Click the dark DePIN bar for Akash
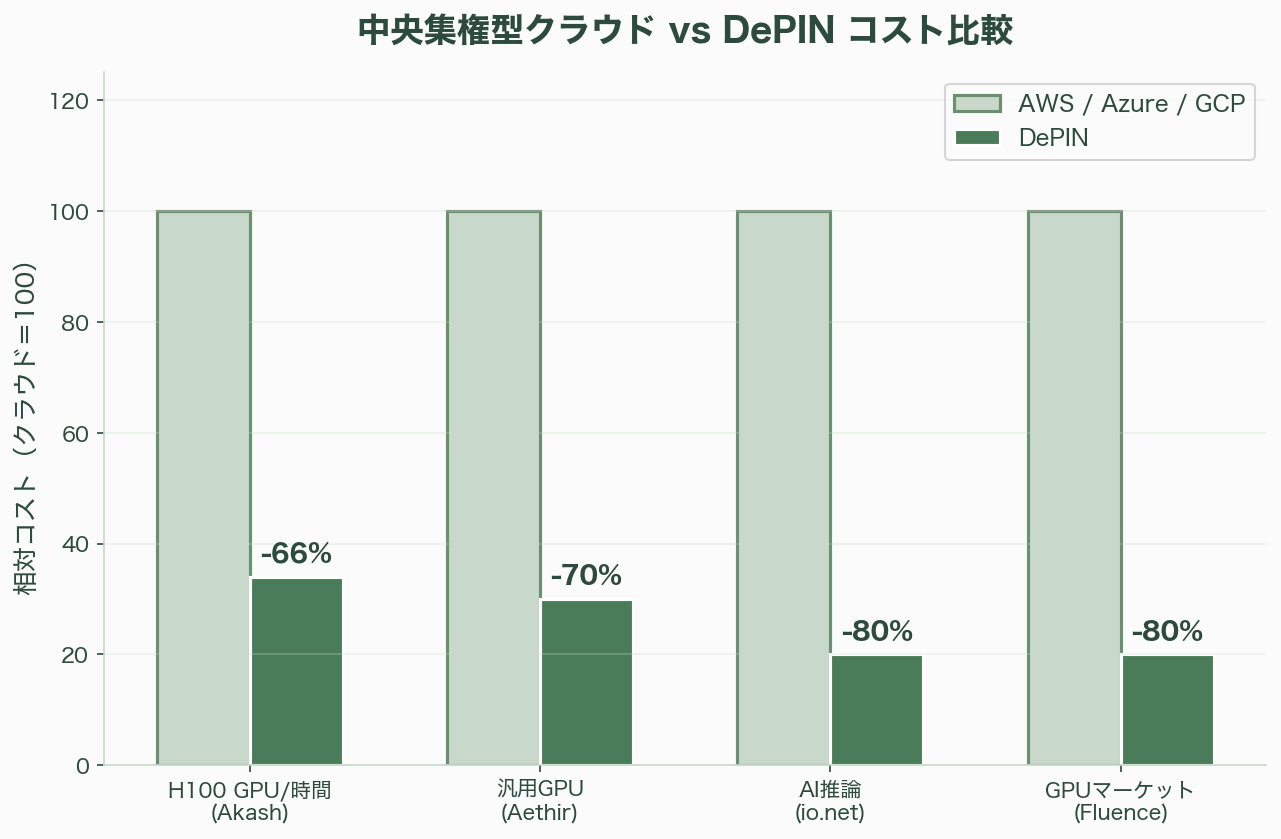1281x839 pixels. [296, 671]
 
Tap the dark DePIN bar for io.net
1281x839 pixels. [876, 710]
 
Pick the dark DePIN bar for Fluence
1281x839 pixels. [1167, 710]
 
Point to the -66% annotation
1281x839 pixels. [296, 554]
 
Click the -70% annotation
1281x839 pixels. [586, 576]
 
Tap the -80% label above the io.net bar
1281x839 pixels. [876, 632]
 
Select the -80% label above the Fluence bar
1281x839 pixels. [1167, 632]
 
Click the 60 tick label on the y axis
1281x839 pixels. [80, 433]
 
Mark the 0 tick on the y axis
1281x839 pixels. [85, 766]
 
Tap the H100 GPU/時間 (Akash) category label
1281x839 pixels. [250, 801]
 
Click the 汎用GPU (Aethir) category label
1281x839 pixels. [540, 801]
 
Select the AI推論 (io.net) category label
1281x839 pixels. [830, 801]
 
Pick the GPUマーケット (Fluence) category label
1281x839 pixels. [1120, 801]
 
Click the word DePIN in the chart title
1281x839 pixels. [779, 31]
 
